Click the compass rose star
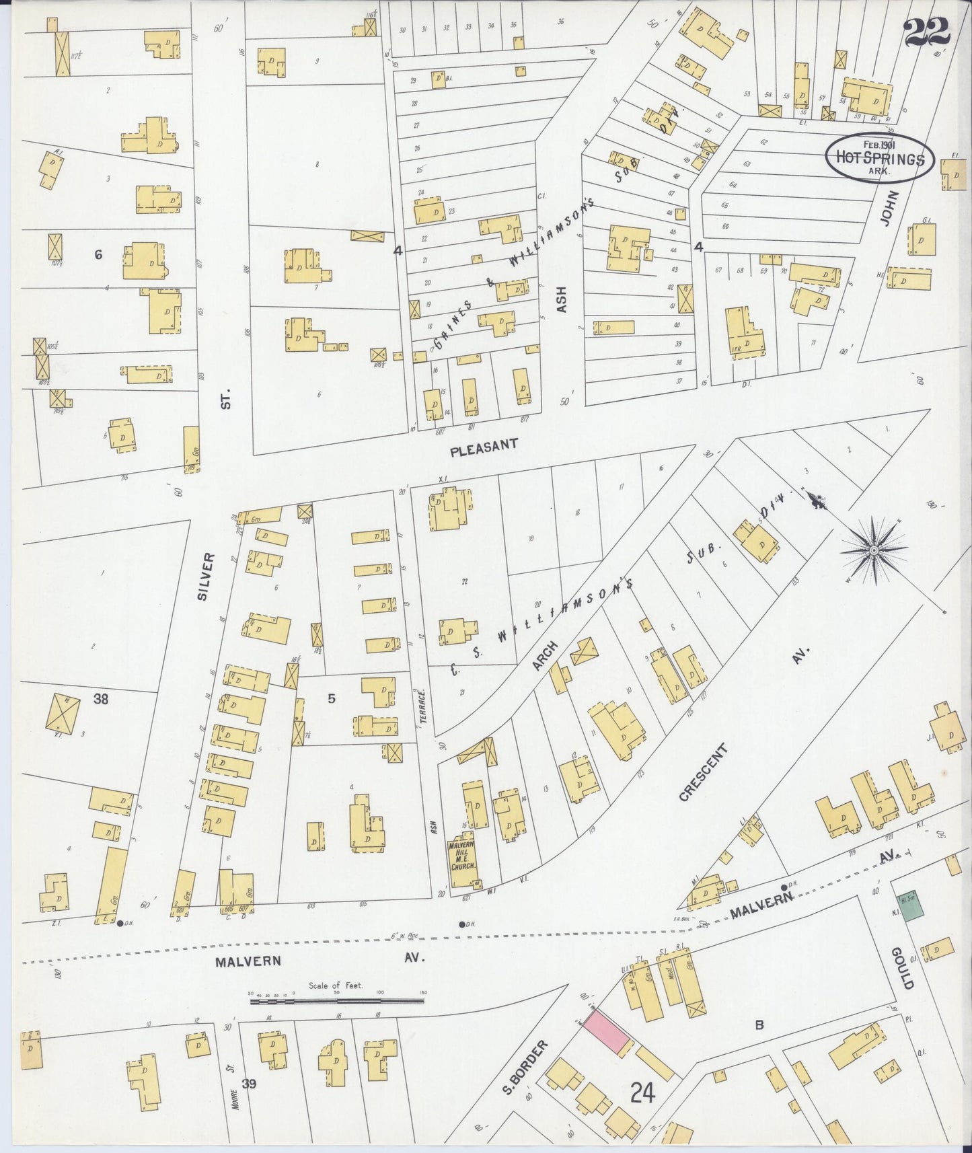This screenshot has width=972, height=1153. click(x=872, y=550)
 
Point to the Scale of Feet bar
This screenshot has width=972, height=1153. click(x=336, y=1002)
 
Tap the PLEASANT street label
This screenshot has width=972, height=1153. click(x=484, y=445)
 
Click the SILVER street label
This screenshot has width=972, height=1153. click(x=207, y=576)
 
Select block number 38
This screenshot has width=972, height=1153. click(x=101, y=698)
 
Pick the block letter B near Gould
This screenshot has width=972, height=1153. click(x=759, y=1025)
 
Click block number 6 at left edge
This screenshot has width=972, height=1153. click(x=98, y=254)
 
